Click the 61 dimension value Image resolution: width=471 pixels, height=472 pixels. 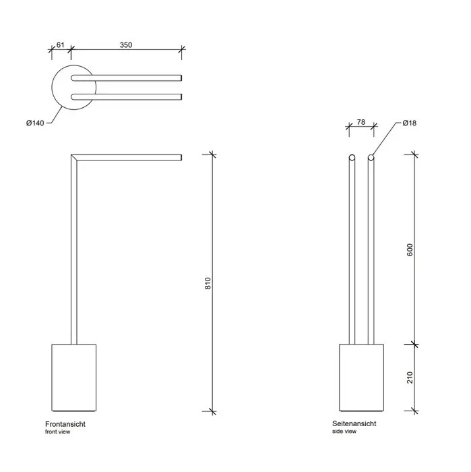(x=61, y=45)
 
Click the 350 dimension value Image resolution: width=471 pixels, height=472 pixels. (x=126, y=45)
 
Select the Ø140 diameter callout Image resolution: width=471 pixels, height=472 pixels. (x=35, y=123)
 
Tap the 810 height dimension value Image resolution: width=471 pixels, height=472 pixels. (x=208, y=283)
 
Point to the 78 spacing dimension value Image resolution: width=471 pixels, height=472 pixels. (x=361, y=122)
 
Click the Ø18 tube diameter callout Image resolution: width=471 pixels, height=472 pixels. (x=409, y=123)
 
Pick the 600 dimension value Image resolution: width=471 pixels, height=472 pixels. (x=410, y=250)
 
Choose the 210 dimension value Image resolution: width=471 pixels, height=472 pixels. (x=410, y=378)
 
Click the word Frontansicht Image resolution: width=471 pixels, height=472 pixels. (x=65, y=424)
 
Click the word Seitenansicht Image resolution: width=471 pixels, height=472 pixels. (x=354, y=423)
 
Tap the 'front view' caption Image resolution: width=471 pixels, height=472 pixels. (x=57, y=432)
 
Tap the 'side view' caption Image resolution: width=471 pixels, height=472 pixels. (x=344, y=432)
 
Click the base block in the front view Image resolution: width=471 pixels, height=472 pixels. (x=74, y=378)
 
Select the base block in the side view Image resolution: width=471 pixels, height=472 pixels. (x=362, y=378)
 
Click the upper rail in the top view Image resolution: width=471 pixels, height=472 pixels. (x=126, y=78)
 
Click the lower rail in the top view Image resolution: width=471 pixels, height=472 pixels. (x=126, y=97)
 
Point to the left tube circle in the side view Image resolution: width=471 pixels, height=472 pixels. (x=352, y=157)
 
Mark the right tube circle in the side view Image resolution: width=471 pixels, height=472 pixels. (x=371, y=157)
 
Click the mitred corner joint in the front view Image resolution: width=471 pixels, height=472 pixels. (x=74, y=157)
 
